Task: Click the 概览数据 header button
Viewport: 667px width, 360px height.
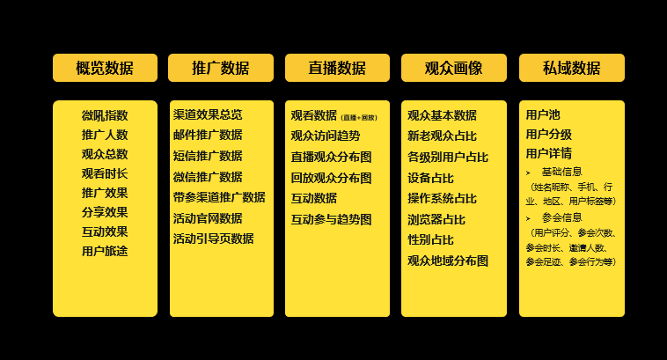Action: [105, 68]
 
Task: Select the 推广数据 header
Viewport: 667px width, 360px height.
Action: [221, 68]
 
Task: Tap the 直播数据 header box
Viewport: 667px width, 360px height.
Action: [337, 68]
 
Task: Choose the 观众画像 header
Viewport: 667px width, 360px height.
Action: [453, 68]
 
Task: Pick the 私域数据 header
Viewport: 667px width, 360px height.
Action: [571, 68]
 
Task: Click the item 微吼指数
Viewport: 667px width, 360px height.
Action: [105, 115]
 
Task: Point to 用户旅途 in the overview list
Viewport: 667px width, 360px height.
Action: [105, 251]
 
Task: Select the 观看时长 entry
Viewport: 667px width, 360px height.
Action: [105, 173]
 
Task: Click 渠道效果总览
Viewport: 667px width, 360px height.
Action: [208, 114]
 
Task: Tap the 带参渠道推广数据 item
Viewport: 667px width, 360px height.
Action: [219, 197]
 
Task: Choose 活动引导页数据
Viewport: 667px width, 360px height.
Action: [213, 239]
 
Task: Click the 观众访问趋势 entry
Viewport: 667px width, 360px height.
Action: [326, 136]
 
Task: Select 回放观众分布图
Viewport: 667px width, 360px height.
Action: [331, 178]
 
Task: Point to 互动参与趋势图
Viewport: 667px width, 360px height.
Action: [331, 219]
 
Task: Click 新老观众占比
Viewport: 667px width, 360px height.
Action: [442, 136]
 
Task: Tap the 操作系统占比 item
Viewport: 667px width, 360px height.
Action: [442, 198]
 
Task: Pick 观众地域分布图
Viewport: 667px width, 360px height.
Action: [447, 261]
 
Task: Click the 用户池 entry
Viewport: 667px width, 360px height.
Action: [542, 114]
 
